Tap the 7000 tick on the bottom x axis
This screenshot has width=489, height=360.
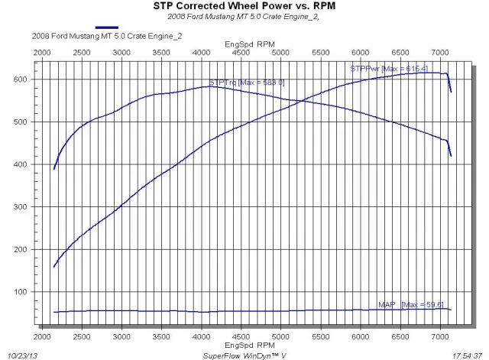440,336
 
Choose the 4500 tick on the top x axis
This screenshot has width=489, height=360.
241,52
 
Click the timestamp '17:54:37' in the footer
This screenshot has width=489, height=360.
467,355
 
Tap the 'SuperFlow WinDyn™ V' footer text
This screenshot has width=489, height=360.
244,355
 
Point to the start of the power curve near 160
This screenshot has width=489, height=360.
54,266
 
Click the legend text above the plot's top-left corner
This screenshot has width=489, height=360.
91,35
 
